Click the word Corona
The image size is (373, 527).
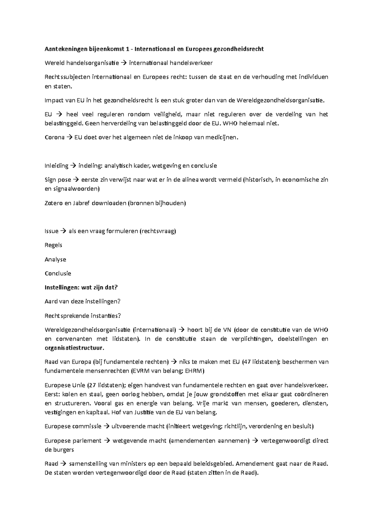click(x=55, y=137)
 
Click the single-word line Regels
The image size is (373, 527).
click(x=53, y=245)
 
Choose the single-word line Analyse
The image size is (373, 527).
click(x=55, y=259)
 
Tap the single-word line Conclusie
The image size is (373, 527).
click(x=58, y=273)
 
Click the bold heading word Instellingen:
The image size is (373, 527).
click(x=62, y=288)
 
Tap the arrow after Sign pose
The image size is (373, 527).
click(x=76, y=180)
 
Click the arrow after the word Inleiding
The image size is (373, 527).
click(x=73, y=166)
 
